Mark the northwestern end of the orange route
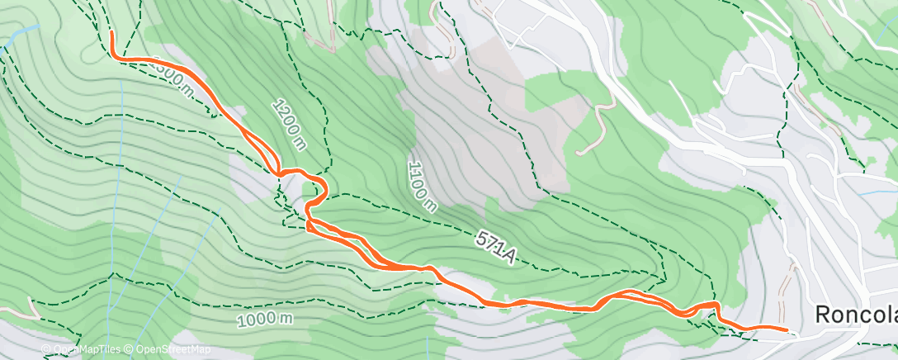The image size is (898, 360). pyautogui.click(x=111, y=32)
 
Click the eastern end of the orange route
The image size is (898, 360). pyautogui.click(x=788, y=330)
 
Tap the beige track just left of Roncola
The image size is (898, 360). pyautogui.click(x=786, y=285)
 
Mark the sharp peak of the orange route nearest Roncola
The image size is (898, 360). pyautogui.click(x=716, y=306)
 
